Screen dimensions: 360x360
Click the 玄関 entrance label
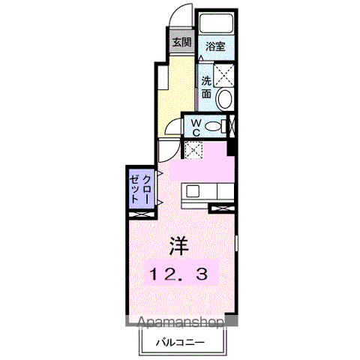click(x=182, y=42)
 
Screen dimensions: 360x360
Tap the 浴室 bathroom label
click(x=215, y=46)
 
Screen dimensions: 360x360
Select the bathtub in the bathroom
click(x=217, y=23)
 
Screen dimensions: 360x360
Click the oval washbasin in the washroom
click(x=224, y=99)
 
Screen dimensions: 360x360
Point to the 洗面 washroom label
click(x=206, y=87)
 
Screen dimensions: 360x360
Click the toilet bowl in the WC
click(x=212, y=126)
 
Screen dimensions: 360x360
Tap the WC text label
click(x=196, y=127)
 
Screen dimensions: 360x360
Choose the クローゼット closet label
click(x=140, y=189)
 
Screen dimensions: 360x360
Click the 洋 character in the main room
click(x=179, y=245)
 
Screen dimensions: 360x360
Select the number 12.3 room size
click(x=178, y=274)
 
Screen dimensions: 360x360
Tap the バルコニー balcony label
click(x=180, y=342)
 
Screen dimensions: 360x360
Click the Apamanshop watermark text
click(x=181, y=322)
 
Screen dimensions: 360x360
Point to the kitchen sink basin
click(x=193, y=192)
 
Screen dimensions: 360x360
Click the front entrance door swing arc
click(x=178, y=9)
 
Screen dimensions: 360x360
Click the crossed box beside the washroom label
click(x=223, y=75)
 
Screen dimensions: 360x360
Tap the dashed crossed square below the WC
click(x=193, y=149)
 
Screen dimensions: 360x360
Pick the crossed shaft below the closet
click(x=141, y=214)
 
